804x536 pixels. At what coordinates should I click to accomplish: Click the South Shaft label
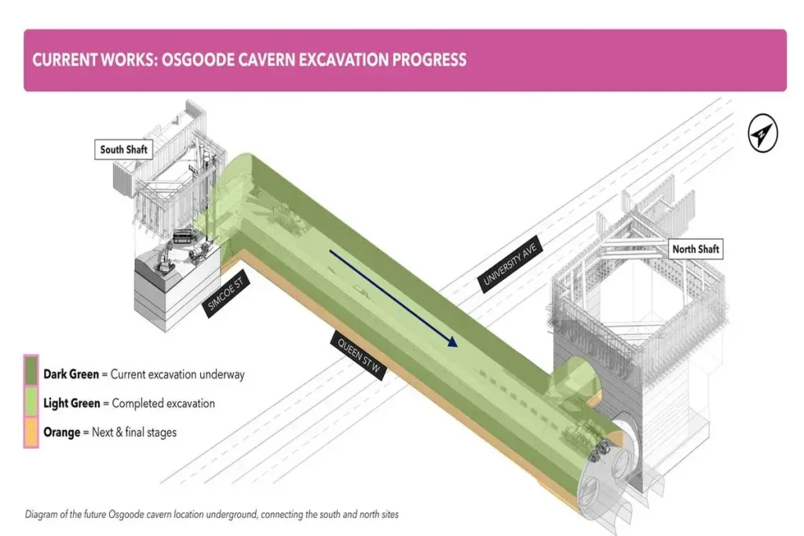point(124,149)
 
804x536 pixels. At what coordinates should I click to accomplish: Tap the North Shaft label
point(696,250)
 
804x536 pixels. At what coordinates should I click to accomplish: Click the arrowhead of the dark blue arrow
point(451,341)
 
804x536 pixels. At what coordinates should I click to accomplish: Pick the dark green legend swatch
point(31,374)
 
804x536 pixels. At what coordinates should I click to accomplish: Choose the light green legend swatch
point(31,403)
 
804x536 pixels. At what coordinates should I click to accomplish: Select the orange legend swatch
point(31,432)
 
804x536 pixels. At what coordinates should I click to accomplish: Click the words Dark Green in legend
point(71,374)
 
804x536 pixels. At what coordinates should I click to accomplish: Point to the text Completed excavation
point(163,403)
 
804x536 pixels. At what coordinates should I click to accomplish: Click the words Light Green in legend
point(71,403)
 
